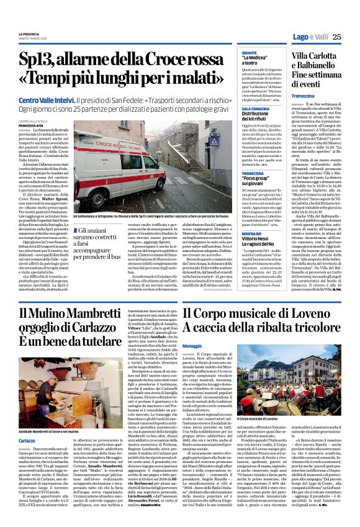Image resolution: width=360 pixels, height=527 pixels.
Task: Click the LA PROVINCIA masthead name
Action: [x=29, y=34]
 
